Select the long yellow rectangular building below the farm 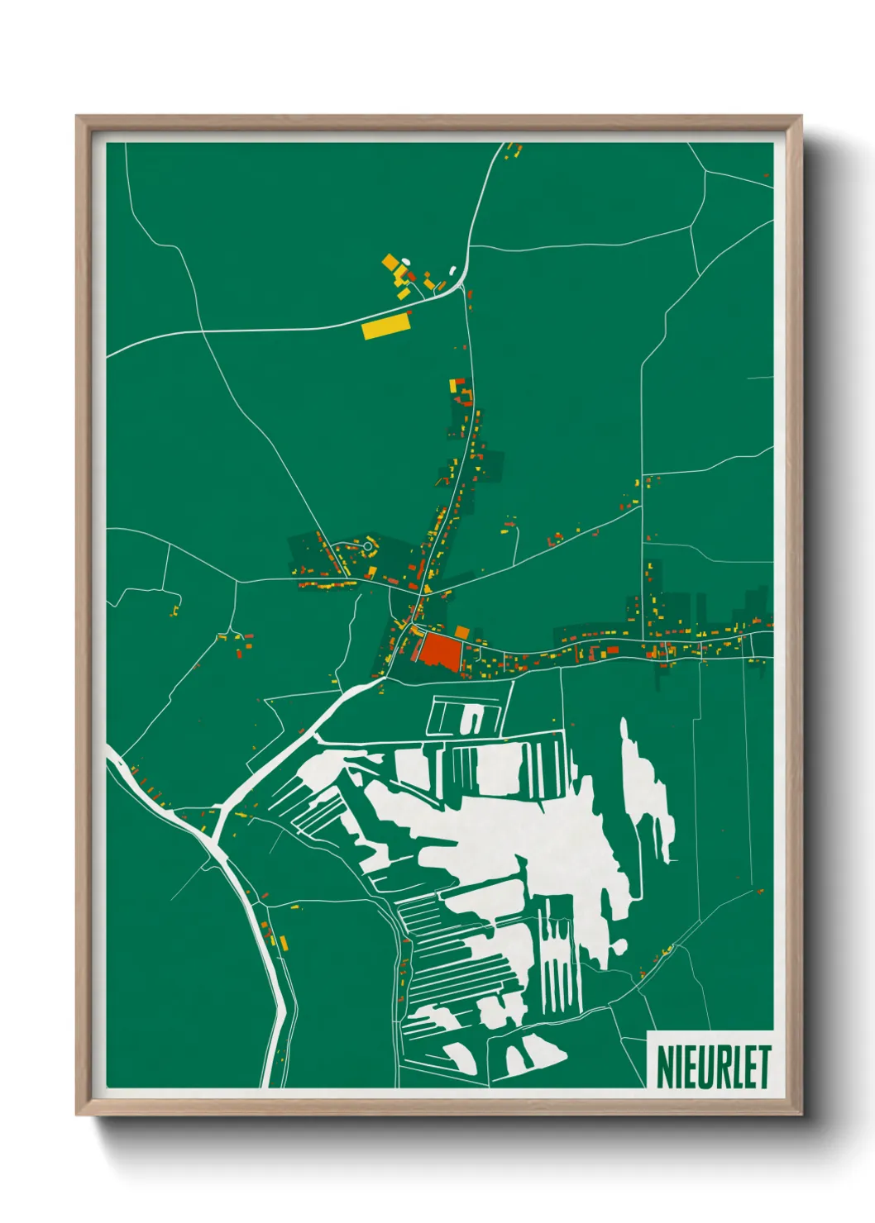point(386,326)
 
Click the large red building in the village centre point(438,650)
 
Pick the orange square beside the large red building point(462,632)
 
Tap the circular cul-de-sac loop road point(367,545)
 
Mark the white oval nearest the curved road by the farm point(452,269)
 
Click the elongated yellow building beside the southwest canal point(282,941)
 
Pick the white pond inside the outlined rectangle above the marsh point(471,719)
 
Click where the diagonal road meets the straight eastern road point(643,504)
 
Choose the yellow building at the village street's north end point(453,385)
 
